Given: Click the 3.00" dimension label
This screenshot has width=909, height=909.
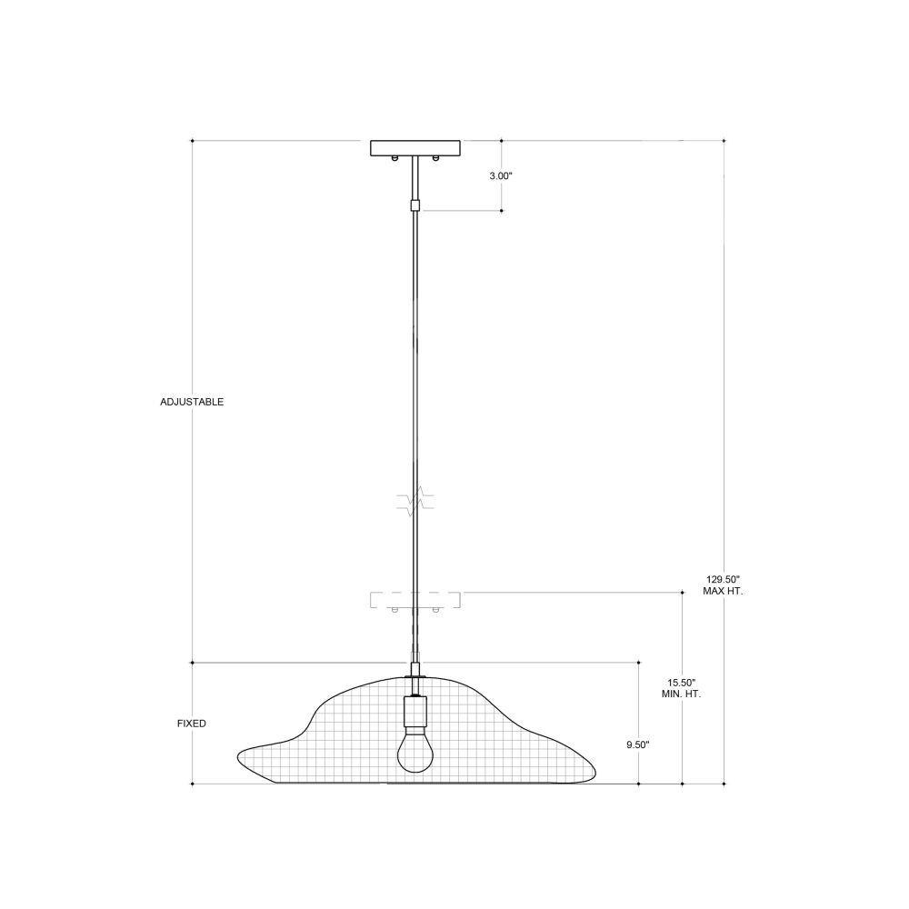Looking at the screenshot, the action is (x=501, y=176).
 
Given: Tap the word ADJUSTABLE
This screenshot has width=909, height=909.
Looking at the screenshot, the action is (x=192, y=402).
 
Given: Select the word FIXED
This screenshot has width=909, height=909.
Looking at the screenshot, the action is (x=192, y=724).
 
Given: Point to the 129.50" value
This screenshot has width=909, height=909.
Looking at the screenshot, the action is (x=724, y=579).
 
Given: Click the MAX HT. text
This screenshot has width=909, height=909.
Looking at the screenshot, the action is (x=723, y=592).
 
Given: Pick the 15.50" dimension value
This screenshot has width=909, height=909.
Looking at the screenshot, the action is (x=682, y=683).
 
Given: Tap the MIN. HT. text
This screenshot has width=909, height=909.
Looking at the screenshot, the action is (x=682, y=694).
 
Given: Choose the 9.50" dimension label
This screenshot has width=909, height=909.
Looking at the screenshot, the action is (x=638, y=745).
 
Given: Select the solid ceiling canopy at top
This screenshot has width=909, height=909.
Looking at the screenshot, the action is (x=415, y=148).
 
